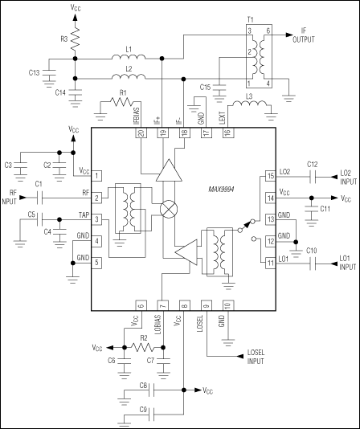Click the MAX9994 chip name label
219,189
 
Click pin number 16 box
227,133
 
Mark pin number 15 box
271,174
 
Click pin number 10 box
227,305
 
